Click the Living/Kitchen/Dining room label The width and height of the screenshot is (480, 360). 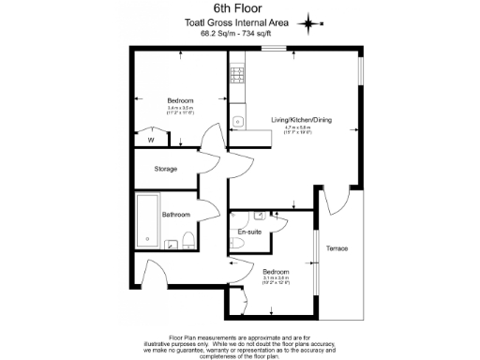(301, 120)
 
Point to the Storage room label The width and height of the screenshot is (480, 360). (167, 169)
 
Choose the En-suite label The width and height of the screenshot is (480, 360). (248, 231)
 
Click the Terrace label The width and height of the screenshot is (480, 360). (337, 248)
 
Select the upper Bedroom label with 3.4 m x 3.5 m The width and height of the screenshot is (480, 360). (180, 100)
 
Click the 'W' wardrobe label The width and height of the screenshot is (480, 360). (150, 141)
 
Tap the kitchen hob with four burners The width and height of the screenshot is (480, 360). (236, 72)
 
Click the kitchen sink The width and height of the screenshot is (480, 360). (236, 120)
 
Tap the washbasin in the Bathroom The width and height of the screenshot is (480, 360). (172, 246)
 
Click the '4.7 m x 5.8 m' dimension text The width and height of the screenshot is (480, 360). (301, 128)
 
